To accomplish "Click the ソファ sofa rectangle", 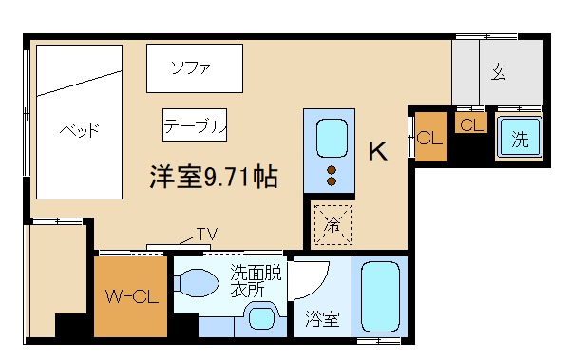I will (195, 68).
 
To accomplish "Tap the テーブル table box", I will (195, 124).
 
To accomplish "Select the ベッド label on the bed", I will (78, 130).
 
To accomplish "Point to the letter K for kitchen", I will (377, 151).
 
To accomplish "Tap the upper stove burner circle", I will (332, 171).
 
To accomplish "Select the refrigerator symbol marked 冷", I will (332, 225).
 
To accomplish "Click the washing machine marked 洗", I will (519, 140).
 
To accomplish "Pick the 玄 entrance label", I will (498, 71).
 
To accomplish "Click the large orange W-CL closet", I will (130, 296).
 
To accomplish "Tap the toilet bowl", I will (198, 284).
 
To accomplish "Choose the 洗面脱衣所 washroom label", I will (256, 281).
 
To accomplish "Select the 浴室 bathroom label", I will (322, 318).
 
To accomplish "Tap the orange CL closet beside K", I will (430, 139).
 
